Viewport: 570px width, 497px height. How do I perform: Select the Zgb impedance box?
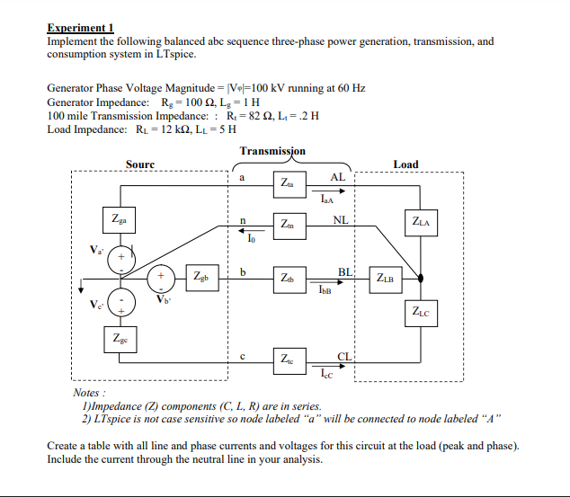coord(199,274)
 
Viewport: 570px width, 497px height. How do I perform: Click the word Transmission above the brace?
coord(272,151)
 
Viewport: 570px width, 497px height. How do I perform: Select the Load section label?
coord(405,164)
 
